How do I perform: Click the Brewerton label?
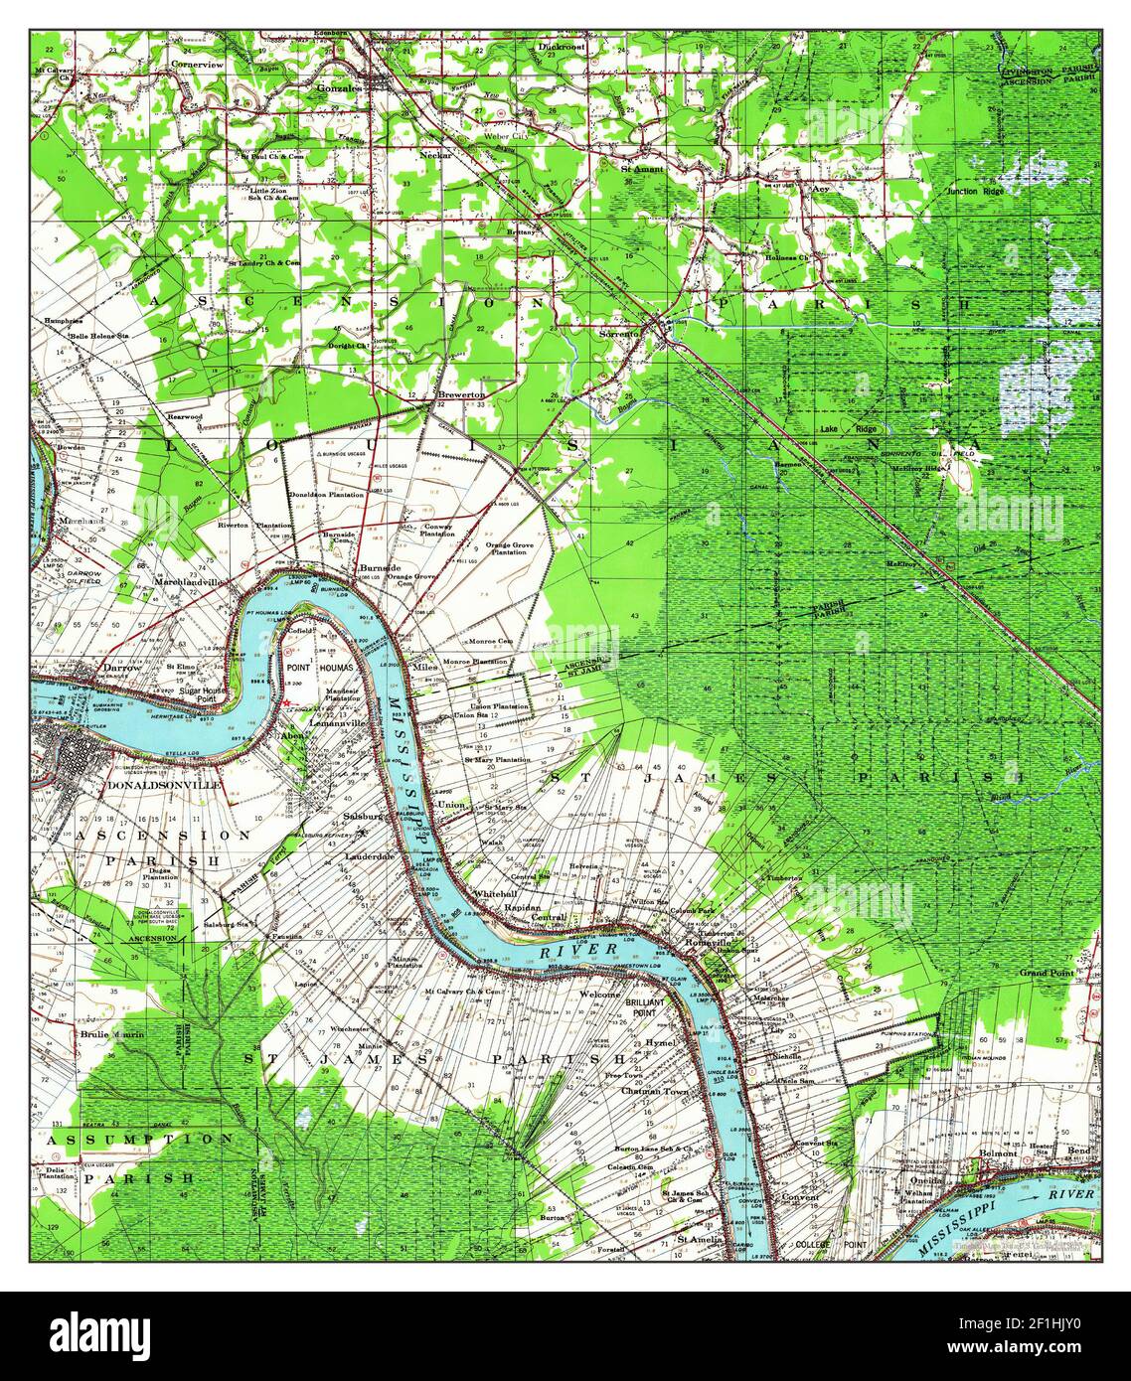460,394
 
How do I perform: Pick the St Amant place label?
642,169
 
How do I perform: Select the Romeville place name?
714,944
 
